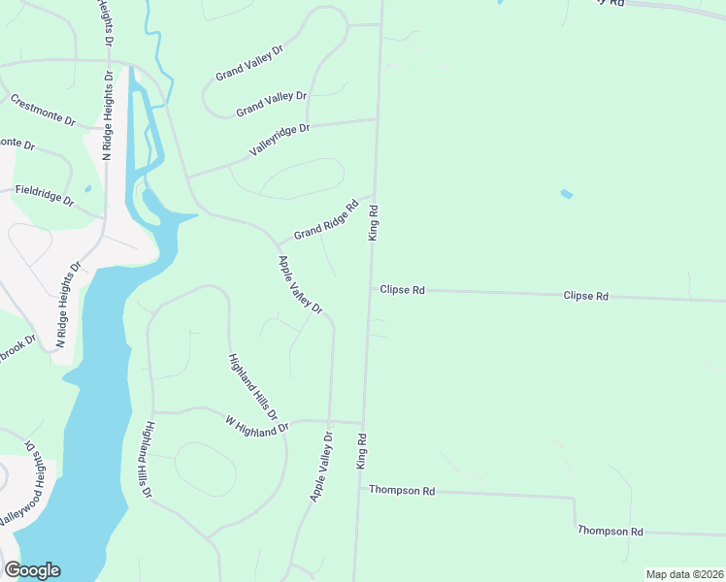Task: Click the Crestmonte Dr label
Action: coord(43,110)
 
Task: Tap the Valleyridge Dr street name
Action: coord(279,142)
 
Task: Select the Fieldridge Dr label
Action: coord(45,196)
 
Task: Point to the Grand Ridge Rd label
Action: coord(326,219)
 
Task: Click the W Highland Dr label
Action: coord(257,427)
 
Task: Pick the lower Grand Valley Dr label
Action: coord(271,103)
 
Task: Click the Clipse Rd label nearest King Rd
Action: coord(403,290)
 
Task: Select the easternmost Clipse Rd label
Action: coord(585,296)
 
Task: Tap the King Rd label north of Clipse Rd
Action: coord(373,222)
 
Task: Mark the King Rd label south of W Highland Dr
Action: coord(361,452)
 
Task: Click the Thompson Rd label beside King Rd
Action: coord(402,491)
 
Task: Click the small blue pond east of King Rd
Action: coord(566,194)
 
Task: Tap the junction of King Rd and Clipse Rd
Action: coord(370,288)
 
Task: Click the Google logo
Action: coord(31,570)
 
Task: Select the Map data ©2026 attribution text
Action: coord(683,574)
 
